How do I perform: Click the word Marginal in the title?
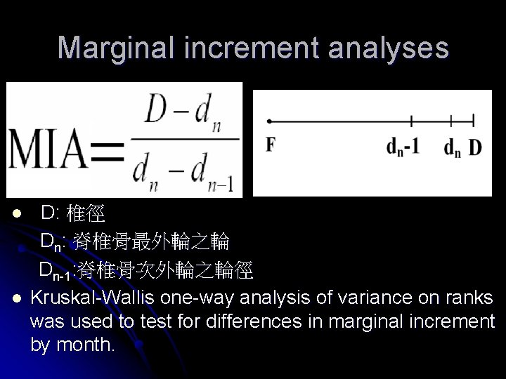[115, 48]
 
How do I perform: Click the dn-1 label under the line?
[403, 147]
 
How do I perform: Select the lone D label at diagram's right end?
[475, 147]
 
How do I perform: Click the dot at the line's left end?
[269, 121]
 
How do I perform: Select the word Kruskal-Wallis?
[93, 298]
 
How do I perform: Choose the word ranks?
[470, 298]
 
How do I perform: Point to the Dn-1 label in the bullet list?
[54, 270]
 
